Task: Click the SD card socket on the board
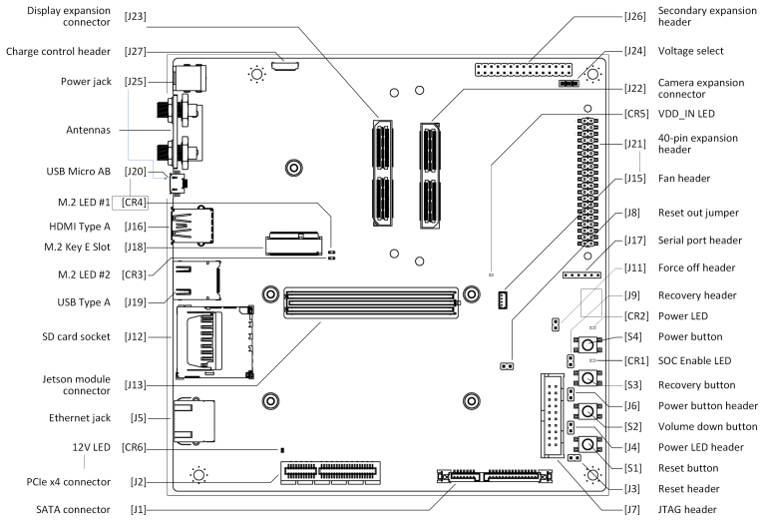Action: tap(212, 342)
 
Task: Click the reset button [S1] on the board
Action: tap(588, 446)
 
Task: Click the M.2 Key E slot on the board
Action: tap(295, 244)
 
